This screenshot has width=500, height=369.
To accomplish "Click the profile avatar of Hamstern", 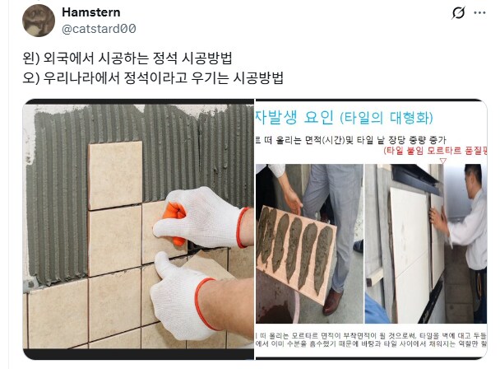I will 35,21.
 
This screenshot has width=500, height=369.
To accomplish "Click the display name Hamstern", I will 90,12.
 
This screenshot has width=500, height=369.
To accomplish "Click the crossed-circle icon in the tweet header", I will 459,13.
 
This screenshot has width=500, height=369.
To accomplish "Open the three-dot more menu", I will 483,13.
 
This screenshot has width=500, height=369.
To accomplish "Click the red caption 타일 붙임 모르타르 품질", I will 436,152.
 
